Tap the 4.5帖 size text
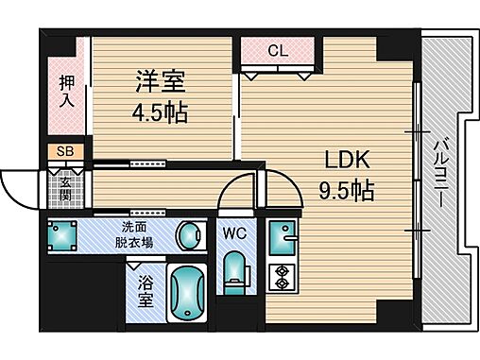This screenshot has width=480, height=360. tap(161, 113)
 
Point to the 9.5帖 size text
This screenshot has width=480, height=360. tap(345, 190)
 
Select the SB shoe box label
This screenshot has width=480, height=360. tap(64, 151)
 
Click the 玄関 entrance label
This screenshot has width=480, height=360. tap(66, 181)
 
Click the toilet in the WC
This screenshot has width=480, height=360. tap(233, 271)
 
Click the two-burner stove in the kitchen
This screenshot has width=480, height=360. tap(280, 276)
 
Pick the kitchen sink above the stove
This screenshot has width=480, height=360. tap(280, 236)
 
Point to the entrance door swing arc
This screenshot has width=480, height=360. tap(19, 186)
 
